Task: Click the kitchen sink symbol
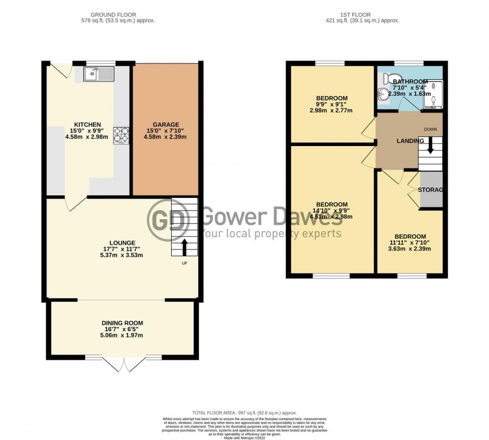coord(98,75)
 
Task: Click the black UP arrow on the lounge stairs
coord(184,246)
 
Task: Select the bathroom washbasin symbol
coord(382,93)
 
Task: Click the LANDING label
coord(410,141)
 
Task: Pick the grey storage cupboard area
coord(431,189)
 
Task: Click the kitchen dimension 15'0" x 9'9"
coord(87,131)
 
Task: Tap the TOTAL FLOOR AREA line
coord(244,413)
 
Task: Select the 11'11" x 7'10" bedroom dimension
coord(410,243)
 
